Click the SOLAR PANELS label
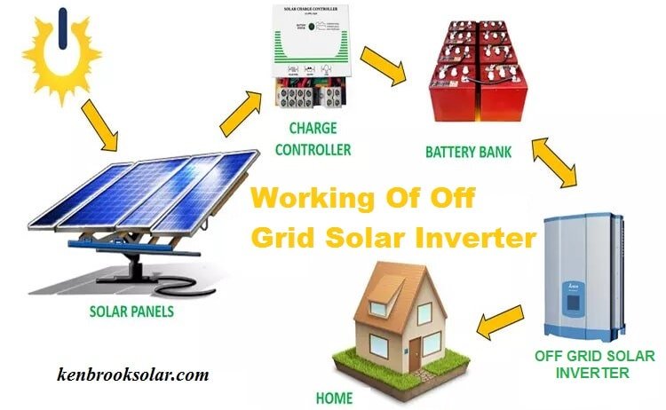click(131, 312)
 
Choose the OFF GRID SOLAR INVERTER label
click(594, 364)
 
